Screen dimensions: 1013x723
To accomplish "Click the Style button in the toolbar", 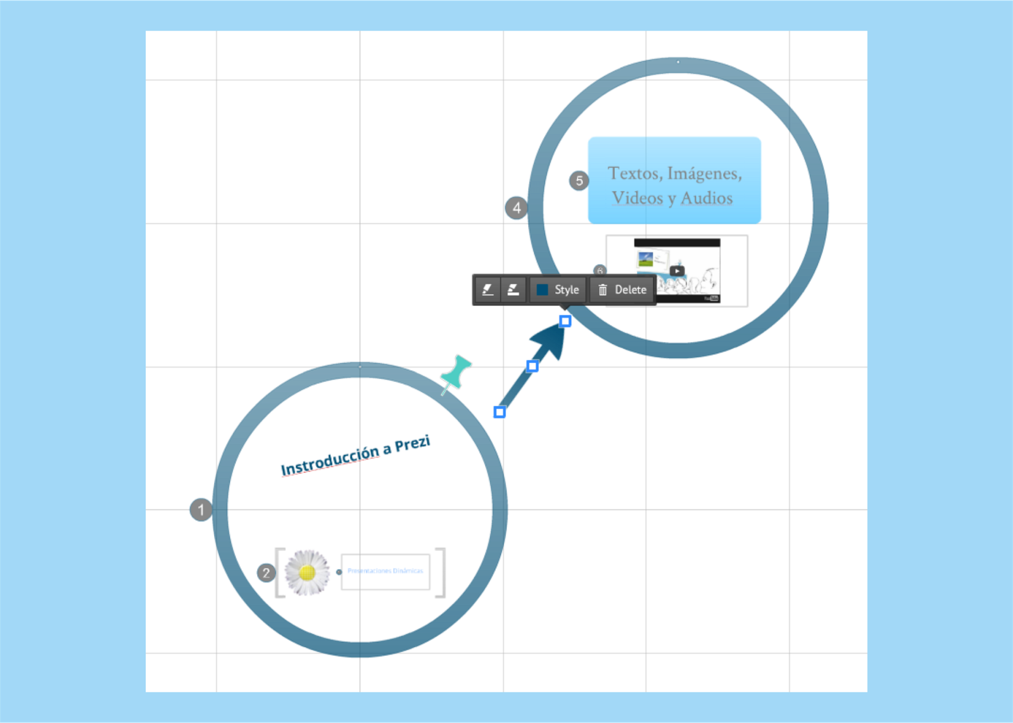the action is [566, 290].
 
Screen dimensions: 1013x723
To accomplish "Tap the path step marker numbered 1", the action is [201, 509].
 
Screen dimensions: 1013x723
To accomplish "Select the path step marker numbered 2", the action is [266, 573].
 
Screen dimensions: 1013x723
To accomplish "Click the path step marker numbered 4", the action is [517, 207].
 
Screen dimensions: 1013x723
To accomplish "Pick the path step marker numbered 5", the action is [579, 181].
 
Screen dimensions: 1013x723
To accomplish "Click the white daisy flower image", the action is [307, 573].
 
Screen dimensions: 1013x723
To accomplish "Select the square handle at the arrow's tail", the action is [500, 413].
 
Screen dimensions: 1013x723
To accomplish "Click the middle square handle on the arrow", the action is [532, 366].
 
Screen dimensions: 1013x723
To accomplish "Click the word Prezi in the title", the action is [412, 444].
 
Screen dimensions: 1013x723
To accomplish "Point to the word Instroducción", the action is [330, 461].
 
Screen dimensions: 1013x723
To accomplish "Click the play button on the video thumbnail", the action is [677, 271].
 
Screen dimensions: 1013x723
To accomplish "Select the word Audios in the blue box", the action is [707, 198].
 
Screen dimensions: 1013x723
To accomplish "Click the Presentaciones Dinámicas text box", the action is [385, 571].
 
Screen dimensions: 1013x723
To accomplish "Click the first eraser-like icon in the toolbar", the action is [488, 290].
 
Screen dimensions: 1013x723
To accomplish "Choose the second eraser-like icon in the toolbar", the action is [513, 290].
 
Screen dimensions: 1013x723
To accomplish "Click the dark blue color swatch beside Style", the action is [543, 290].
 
